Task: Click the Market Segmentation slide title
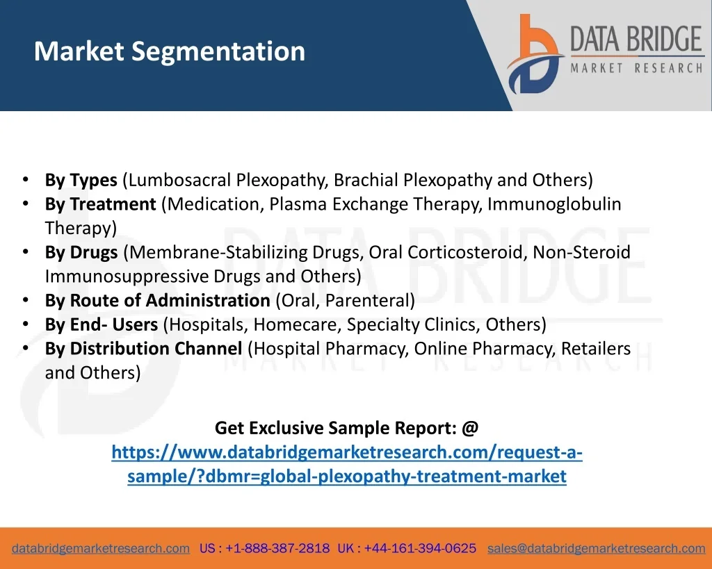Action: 170,51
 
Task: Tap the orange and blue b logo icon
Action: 535,54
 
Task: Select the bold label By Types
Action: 81,180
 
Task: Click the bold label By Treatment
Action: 100,204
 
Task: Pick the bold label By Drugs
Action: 81,252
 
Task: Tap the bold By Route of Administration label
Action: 158,300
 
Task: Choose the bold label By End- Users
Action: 102,324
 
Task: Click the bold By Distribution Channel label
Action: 143,349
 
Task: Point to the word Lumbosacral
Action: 180,180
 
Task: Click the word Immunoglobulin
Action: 554,204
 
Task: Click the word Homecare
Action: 298,324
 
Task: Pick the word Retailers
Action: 596,349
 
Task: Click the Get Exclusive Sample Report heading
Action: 346,428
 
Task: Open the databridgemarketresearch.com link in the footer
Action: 101,548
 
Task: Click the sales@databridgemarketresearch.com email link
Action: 596,548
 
